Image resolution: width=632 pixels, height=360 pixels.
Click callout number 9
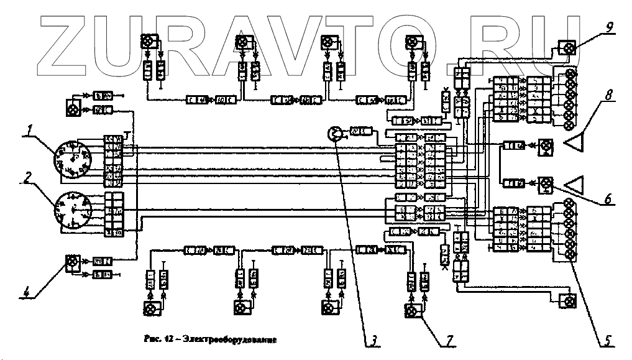pyautogui.click(x=609, y=27)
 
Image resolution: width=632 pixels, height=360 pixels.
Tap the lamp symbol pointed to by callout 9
pyautogui.click(x=566, y=48)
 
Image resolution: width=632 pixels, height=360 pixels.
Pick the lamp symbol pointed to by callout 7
pyautogui.click(x=411, y=310)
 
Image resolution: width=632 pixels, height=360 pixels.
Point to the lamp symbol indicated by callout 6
pyautogui.click(x=546, y=183)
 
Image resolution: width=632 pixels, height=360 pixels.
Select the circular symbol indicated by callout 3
pyautogui.click(x=334, y=134)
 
